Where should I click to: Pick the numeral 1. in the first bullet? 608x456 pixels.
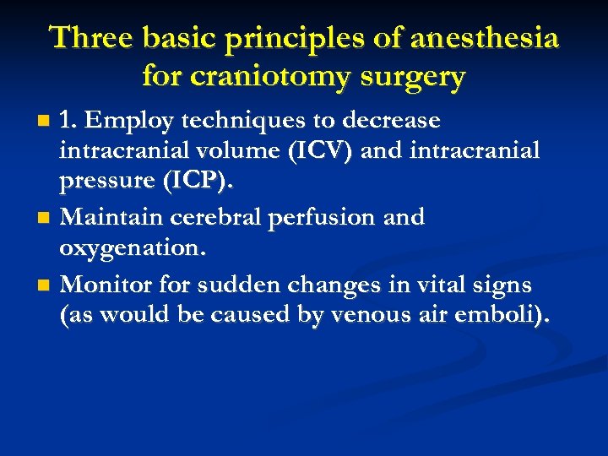coord(69,122)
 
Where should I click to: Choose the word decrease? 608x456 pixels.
coord(394,122)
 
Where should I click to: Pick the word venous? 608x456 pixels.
coord(354,318)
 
